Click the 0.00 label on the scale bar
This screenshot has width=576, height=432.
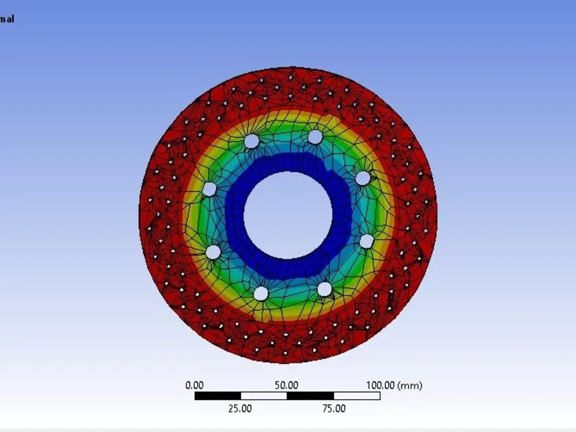pos(194,385)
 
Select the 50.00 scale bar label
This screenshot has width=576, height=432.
pos(286,385)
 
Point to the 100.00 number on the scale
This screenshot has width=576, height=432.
pos(380,385)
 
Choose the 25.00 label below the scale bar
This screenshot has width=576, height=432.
pos(240,408)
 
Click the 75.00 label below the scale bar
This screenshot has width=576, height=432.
pos(334,408)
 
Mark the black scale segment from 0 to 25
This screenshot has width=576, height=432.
pos(218,396)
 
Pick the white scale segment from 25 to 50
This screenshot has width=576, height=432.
pos(264,396)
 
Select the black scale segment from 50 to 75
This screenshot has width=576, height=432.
pos(310,396)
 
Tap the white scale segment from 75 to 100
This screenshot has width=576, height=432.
pos(357,396)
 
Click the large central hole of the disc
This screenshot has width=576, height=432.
pos(288,215)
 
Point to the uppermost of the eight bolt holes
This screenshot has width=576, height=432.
pos(315,137)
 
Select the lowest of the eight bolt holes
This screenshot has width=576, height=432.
pos(261,293)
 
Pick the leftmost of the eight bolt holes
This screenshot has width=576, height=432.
pos(209,189)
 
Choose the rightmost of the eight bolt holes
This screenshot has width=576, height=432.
pos(367,241)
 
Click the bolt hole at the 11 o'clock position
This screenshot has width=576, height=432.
pos(252,141)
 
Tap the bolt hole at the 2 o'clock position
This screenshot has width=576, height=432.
pos(362,178)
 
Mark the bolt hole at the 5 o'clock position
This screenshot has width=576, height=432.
pos(325,289)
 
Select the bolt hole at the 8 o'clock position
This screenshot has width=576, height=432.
pos(213,252)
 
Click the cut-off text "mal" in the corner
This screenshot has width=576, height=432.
pos(7,19)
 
